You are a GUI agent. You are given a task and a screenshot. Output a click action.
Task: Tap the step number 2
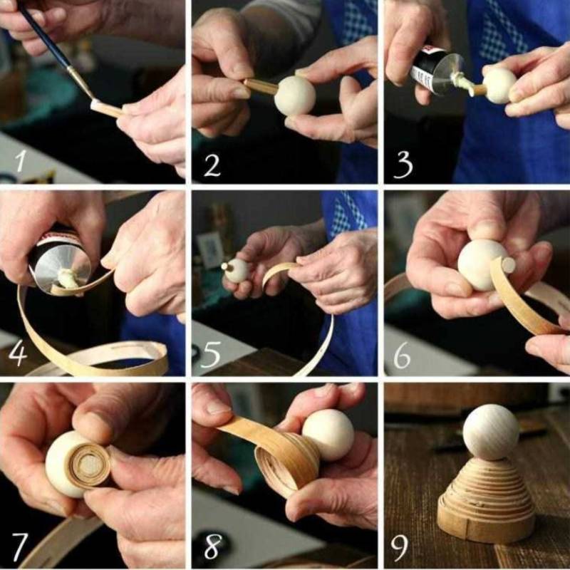coord(212,165)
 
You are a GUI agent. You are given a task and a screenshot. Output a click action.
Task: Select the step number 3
coord(403,165)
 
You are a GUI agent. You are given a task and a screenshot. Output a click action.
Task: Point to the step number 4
coord(17,353)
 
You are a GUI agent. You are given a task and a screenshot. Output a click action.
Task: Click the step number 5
coord(210,354)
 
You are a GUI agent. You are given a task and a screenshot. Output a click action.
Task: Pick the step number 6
coord(402,356)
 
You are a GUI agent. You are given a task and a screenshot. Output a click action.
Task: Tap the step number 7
coord(19,546)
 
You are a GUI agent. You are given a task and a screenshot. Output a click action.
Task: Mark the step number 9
coord(400,548)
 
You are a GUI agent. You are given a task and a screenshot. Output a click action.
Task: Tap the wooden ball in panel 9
coord(491,432)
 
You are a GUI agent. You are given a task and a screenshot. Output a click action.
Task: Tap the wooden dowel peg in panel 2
coord(261,86)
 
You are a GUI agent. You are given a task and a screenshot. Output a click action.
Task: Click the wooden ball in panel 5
coord(237,271)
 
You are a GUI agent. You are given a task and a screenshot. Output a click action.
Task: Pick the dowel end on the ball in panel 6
coord(508,264)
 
